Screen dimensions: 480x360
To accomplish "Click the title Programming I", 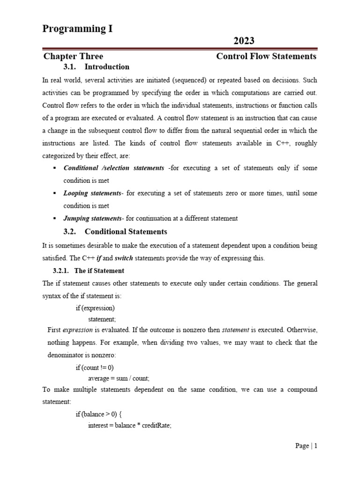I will pos(77,29).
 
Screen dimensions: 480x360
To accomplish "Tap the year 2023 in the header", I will pos(244,41).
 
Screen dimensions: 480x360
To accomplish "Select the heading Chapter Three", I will pos(73,57).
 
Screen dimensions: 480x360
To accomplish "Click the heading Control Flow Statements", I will pos(266,57).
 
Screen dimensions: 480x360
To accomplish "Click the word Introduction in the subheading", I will pos(107,67).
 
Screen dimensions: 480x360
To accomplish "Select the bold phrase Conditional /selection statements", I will pos(114,168).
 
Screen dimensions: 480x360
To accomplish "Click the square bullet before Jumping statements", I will pos(55,218).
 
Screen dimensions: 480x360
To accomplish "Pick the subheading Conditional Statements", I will pos(126,232).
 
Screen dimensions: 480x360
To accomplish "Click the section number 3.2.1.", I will pos(60,271).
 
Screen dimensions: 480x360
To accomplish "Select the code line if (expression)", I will pos(95,308).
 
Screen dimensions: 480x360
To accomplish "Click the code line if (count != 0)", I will pos(95,367).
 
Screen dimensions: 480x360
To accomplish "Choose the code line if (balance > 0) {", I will pos(99,414).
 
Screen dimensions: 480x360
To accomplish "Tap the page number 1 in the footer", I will pos(316,446).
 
